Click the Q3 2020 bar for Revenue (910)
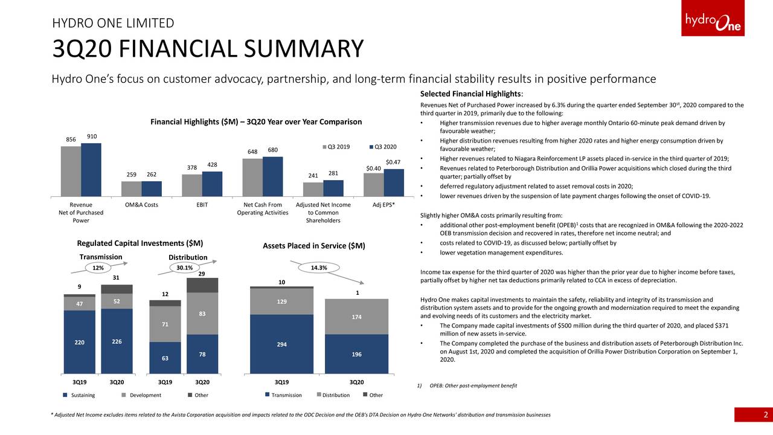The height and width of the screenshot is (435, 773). (x=91, y=170)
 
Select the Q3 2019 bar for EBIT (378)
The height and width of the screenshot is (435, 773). (x=192, y=185)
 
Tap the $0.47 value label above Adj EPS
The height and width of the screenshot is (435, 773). (x=393, y=162)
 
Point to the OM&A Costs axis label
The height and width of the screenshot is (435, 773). (x=141, y=205)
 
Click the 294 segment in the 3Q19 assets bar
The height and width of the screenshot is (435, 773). (x=281, y=344)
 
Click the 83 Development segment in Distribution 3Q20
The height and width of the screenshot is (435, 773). (x=202, y=314)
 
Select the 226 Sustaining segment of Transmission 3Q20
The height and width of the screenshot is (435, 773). (x=117, y=341)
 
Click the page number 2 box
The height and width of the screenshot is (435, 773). (x=753, y=414)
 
